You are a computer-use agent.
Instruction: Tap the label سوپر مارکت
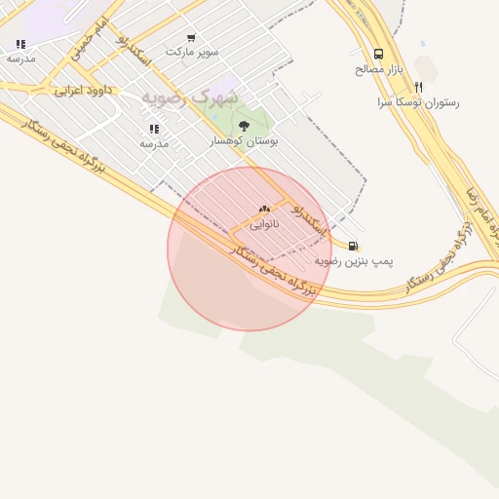coord(191,51)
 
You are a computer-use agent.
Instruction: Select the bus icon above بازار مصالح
coord(378,55)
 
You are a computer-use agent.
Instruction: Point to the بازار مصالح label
coord(379,69)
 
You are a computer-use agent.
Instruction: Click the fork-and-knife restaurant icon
coord(418,87)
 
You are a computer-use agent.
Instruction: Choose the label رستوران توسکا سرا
coord(418,101)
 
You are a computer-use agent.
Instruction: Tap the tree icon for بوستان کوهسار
coord(244,126)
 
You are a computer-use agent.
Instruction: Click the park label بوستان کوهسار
coord(245,141)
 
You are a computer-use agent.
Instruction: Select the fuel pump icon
coord(352,246)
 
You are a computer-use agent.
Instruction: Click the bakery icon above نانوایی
coord(264,210)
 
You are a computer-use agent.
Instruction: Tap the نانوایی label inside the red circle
coord(264,224)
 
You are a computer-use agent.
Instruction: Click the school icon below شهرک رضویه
coord(154,129)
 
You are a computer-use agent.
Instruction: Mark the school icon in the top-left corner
coord(20,44)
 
